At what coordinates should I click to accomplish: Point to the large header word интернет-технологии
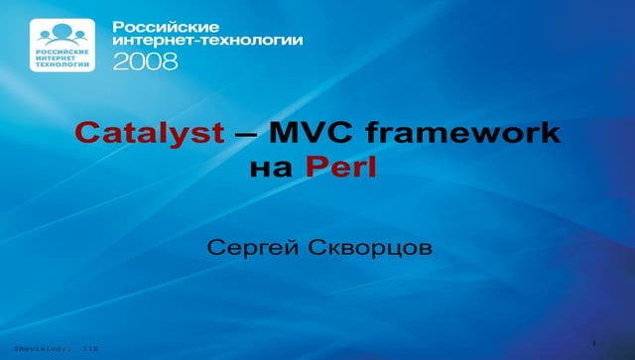pyautogui.click(x=208, y=41)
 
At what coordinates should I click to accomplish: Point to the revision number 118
pyautogui.click(x=90, y=350)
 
